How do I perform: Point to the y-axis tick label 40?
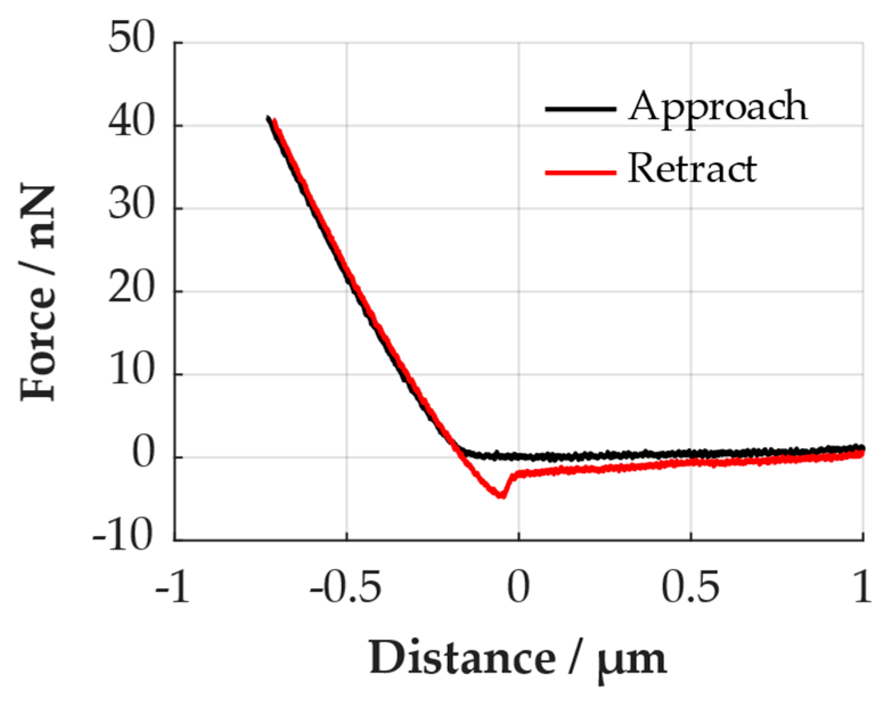coord(132,123)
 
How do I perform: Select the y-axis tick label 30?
coord(132,206)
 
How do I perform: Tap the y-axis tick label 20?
coord(132,289)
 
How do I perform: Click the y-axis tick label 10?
coord(132,372)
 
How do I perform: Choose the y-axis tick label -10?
coord(124,537)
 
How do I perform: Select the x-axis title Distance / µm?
coord(517,659)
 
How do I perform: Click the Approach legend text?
coord(718,107)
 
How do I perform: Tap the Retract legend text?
coord(692,169)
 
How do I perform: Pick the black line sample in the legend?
coord(580,108)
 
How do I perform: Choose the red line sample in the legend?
coord(580,171)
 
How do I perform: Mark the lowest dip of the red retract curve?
coord(501,496)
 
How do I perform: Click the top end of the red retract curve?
coord(275,120)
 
